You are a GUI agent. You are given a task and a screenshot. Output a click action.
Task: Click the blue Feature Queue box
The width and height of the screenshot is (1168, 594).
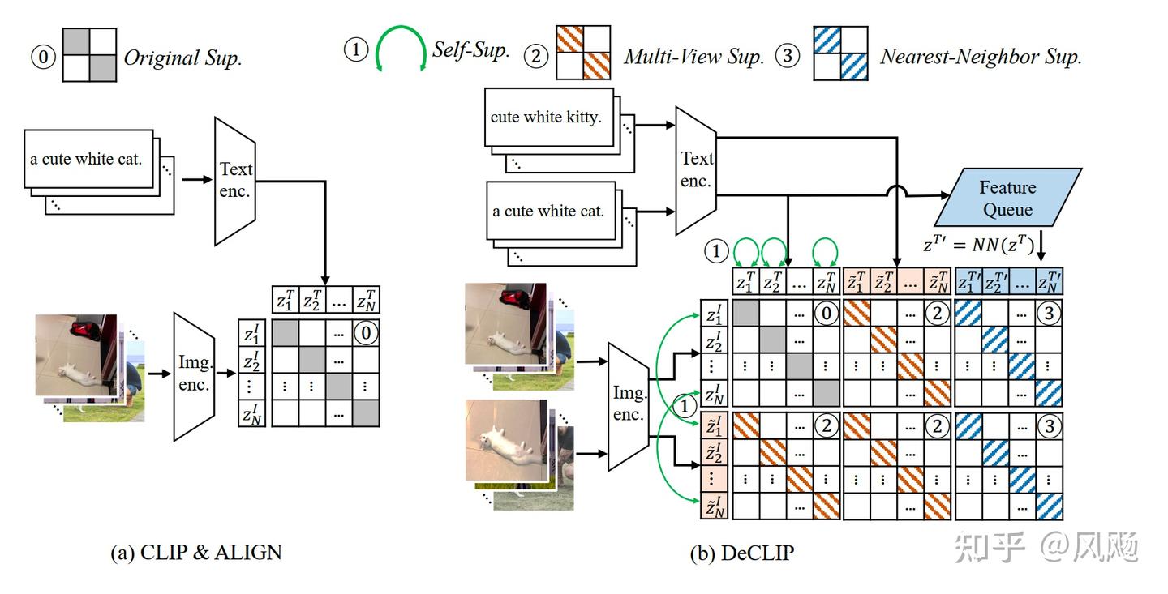pyautogui.click(x=1007, y=197)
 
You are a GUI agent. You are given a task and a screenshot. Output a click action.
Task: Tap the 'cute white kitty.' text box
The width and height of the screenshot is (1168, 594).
pyautogui.click(x=549, y=118)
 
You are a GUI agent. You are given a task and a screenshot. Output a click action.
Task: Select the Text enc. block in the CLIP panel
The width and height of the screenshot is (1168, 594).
pyautogui.click(x=235, y=181)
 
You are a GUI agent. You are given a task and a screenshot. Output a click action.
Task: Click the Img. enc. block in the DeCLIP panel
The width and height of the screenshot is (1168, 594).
pyautogui.click(x=629, y=407)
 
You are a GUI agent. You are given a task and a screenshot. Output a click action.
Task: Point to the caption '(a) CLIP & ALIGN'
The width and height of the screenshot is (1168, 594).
pyautogui.click(x=196, y=553)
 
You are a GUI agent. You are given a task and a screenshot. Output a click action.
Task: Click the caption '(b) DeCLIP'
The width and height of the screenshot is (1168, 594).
pyautogui.click(x=741, y=553)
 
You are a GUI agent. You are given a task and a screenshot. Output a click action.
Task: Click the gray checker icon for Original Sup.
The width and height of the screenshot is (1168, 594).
pyautogui.click(x=90, y=55)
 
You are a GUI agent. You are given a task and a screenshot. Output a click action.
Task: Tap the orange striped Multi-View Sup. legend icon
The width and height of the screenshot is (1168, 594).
pyautogui.click(x=583, y=52)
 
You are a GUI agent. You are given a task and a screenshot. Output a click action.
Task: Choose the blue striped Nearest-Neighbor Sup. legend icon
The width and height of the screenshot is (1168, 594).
pyautogui.click(x=840, y=53)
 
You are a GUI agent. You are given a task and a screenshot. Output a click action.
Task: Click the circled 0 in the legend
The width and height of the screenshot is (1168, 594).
pyautogui.click(x=43, y=57)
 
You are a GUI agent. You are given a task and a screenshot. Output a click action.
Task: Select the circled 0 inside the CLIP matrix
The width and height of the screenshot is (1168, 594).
pyautogui.click(x=366, y=333)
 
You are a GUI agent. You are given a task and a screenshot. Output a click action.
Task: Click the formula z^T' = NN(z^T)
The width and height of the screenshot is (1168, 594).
pyautogui.click(x=978, y=244)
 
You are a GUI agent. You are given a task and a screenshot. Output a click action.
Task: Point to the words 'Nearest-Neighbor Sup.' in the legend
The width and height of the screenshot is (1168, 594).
pyautogui.click(x=981, y=56)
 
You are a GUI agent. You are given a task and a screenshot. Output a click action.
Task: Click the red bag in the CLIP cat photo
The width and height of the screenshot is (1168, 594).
pyautogui.click(x=85, y=330)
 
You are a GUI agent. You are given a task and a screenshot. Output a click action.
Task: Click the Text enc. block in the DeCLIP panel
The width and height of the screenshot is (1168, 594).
pyautogui.click(x=696, y=170)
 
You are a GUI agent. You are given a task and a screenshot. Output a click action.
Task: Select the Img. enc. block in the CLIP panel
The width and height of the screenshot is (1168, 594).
pyautogui.click(x=194, y=376)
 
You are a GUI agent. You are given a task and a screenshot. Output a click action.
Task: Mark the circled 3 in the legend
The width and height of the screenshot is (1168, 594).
pyautogui.click(x=788, y=55)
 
